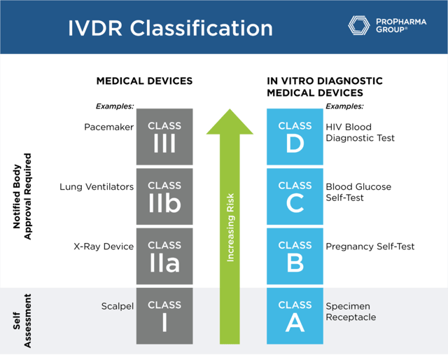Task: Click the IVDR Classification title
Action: click(170, 28)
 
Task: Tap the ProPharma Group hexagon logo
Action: click(360, 25)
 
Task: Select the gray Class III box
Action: click(164, 136)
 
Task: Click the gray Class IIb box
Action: click(164, 196)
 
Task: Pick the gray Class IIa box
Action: click(164, 256)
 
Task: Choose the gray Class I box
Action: click(164, 315)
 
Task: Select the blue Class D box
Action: click(295, 136)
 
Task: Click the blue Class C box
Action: click(295, 196)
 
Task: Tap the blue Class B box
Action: click(295, 256)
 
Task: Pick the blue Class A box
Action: click(295, 315)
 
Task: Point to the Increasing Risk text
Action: click(230, 228)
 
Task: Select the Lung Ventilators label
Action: click(97, 187)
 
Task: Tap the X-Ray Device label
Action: click(104, 247)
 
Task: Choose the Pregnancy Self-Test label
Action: click(370, 247)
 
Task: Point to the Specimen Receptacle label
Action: click(351, 312)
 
